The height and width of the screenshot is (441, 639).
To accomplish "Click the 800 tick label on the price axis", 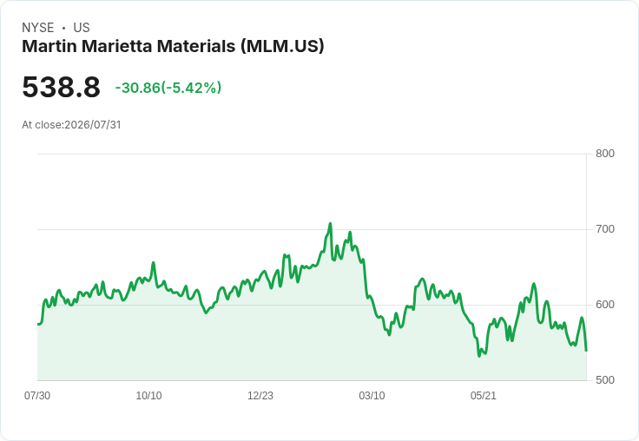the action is click(x=605, y=154).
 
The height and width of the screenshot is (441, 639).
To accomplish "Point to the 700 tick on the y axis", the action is click(x=605, y=229).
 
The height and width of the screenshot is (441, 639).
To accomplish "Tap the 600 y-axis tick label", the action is click(x=605, y=305).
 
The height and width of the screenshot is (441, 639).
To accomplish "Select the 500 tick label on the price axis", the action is click(x=605, y=380).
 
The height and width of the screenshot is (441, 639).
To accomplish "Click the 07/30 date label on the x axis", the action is click(x=37, y=395).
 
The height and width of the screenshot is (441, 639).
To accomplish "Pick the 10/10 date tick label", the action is click(x=148, y=395).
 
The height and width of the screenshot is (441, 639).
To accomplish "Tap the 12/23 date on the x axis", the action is click(x=260, y=395).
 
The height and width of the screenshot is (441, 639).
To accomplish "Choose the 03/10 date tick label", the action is click(x=372, y=395).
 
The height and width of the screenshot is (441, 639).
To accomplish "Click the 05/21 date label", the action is click(x=484, y=395).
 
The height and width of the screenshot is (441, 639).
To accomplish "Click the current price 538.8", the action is click(x=61, y=87).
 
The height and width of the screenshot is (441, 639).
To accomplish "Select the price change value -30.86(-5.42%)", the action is click(x=168, y=88).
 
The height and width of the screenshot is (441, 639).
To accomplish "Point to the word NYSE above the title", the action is click(x=38, y=28).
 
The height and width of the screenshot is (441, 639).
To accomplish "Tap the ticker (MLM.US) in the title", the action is click(x=282, y=46).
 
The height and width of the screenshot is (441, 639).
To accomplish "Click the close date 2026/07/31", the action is click(x=93, y=125).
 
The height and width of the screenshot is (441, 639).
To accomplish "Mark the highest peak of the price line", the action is click(x=330, y=223).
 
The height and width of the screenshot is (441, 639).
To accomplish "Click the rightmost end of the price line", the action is click(x=586, y=351).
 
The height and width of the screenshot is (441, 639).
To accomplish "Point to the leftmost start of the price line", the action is click(x=38, y=324).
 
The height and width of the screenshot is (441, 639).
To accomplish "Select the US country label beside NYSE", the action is click(x=82, y=28).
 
